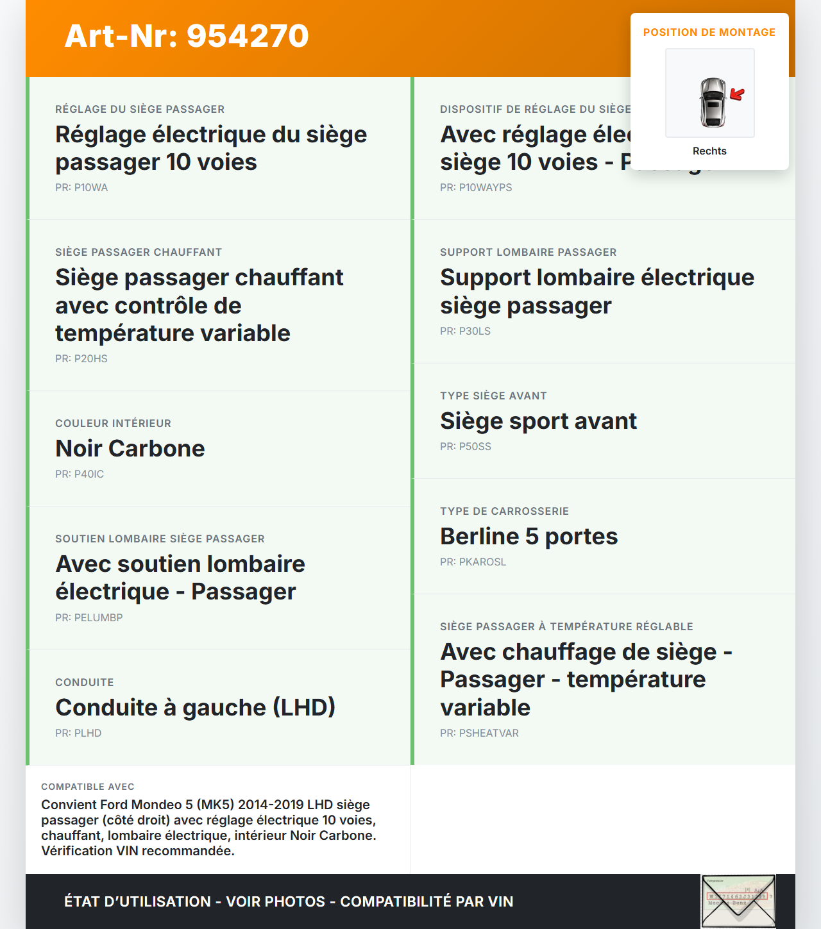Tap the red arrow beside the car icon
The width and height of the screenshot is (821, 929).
[738, 95]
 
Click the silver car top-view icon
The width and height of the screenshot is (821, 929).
[713, 103]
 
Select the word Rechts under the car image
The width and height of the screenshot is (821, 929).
[709, 151]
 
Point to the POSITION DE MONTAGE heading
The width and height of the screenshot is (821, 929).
[709, 32]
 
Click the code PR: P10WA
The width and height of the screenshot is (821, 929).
[81, 188]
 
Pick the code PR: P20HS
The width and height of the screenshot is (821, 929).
[81, 359]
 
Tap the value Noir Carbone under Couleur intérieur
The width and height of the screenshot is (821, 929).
[130, 449]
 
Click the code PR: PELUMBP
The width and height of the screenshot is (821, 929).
[89, 618]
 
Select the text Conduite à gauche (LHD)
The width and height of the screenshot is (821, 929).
[196, 708]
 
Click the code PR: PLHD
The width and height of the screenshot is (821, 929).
[78, 733]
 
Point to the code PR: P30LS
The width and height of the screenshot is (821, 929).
[465, 331]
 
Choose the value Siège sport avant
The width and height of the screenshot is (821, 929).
[538, 421]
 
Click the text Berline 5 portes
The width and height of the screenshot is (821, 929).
[529, 537]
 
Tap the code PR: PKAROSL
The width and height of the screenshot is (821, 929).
[473, 562]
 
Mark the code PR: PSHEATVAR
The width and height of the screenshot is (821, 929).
[479, 733]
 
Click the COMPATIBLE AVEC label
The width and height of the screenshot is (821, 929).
[88, 787]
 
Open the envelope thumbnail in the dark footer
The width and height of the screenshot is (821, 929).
[738, 901]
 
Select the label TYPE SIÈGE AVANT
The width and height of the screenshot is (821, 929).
[493, 396]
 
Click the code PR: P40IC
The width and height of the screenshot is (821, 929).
[80, 474]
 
